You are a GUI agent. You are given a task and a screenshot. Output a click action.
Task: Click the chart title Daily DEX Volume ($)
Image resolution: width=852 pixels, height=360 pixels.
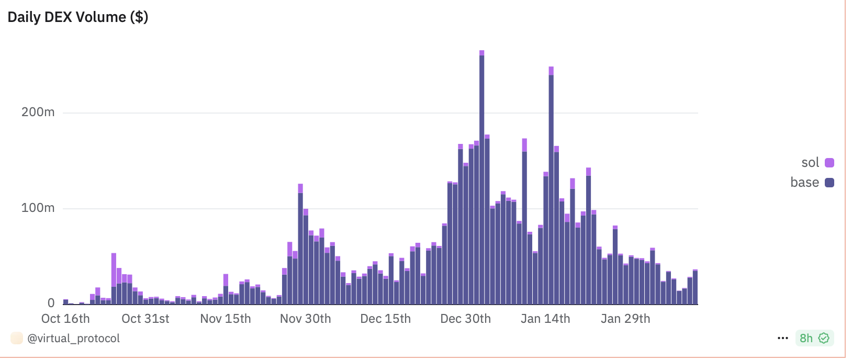[78, 17]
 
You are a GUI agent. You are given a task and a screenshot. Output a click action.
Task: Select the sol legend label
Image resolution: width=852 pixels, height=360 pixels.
[810, 163]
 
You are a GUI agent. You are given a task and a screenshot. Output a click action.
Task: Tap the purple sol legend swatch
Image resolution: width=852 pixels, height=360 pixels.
[829, 163]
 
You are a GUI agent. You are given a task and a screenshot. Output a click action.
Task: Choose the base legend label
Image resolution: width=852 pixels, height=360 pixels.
[804, 183]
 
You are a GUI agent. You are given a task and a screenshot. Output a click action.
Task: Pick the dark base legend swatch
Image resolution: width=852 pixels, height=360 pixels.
[829, 183]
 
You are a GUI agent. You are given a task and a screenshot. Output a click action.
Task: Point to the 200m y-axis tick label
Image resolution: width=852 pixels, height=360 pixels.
[38, 112]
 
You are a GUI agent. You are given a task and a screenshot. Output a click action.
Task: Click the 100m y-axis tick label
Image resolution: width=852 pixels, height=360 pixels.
[38, 208]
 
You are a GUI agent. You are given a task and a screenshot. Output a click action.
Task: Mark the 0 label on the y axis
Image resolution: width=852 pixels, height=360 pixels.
[51, 303]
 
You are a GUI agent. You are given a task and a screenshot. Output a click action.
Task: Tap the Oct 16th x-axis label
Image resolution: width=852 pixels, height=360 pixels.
[65, 319]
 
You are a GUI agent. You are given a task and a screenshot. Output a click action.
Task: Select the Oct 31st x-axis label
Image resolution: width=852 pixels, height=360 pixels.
[145, 319]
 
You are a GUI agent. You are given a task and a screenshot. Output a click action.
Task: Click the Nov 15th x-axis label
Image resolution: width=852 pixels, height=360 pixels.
[226, 319]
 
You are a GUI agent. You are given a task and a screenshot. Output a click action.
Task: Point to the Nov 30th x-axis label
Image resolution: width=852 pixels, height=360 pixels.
[306, 319]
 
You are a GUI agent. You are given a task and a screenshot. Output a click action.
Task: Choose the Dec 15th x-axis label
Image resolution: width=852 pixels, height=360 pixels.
[386, 319]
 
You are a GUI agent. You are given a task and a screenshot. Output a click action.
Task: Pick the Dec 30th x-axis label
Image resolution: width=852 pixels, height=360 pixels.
[466, 319]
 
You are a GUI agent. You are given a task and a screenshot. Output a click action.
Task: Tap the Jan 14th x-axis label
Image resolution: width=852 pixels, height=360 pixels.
[545, 319]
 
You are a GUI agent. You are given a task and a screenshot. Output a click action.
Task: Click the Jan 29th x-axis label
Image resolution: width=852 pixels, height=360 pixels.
[625, 319]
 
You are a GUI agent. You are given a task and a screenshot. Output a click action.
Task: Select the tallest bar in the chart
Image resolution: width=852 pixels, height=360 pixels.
[482, 178]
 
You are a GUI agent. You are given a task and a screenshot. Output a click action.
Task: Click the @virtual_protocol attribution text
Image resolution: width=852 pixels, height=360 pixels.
[73, 339]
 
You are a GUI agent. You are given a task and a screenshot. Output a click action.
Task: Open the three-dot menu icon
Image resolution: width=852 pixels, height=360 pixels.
[783, 338]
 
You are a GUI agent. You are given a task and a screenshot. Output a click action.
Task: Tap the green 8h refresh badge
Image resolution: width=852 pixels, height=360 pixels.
[814, 338]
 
